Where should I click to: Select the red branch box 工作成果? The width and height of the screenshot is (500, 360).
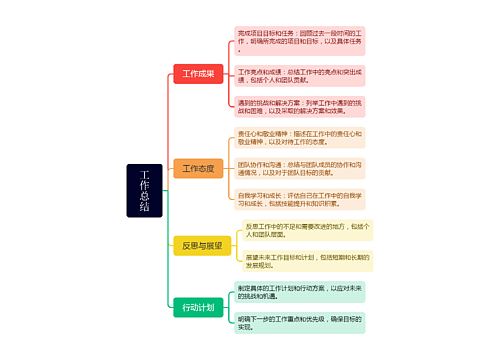[197, 74]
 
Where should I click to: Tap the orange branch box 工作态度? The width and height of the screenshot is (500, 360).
[197, 168]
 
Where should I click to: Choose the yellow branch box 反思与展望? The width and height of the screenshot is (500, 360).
[197, 245]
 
